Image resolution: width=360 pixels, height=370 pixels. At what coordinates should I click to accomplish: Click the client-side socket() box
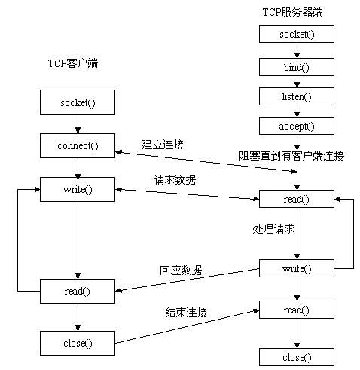click(78, 101)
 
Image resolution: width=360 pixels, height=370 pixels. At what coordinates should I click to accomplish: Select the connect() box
click(78, 145)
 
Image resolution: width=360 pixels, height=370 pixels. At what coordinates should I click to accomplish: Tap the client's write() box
click(78, 188)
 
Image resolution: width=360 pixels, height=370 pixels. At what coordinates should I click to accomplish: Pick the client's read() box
click(78, 291)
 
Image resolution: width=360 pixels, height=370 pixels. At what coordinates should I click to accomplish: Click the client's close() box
click(78, 343)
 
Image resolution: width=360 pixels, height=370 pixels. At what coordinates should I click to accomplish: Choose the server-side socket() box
click(296, 34)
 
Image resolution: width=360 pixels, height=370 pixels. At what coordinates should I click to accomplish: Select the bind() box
click(296, 66)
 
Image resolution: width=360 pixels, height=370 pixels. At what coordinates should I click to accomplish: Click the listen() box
click(296, 96)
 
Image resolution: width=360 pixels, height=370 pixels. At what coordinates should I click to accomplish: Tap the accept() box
click(296, 126)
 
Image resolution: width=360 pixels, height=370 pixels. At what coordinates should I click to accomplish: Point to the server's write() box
click(296, 268)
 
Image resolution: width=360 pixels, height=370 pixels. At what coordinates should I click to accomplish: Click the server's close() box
click(296, 357)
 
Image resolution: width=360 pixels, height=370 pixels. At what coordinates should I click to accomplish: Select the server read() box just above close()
click(296, 310)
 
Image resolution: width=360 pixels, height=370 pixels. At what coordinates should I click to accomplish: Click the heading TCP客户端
click(68, 63)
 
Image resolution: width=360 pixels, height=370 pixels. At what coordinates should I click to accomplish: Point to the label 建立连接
click(162, 143)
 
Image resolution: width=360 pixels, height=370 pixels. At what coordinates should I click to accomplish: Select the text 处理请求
click(273, 228)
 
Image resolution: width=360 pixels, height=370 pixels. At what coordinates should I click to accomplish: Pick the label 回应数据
click(180, 270)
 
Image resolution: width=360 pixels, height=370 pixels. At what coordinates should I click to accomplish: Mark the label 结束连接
click(186, 311)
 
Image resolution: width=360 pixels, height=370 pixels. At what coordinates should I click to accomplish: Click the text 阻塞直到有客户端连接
click(291, 156)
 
